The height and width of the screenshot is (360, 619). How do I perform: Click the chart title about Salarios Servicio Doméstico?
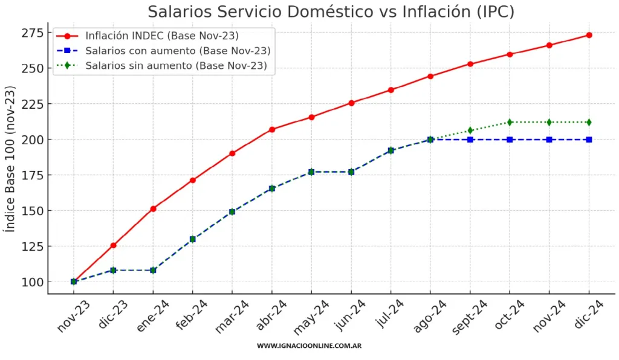tap(331, 11)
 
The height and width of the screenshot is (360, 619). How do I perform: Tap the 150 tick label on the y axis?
tap(33, 211)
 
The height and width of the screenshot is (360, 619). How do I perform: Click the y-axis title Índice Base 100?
tap(10, 159)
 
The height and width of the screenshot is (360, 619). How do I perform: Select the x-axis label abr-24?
tap(271, 315)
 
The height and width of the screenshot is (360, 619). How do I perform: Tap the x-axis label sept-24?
tap(469, 317)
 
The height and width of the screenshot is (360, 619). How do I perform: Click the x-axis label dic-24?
tap(589, 314)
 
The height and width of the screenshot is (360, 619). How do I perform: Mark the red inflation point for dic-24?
tap(589, 35)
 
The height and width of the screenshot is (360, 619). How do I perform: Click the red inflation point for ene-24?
tap(153, 209)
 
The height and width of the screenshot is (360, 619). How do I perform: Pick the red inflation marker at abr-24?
tap(272, 129)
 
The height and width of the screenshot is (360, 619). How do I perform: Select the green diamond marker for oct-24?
tap(510, 122)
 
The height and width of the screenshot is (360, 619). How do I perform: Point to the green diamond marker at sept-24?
tap(470, 130)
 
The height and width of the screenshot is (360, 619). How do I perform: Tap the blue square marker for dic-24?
tap(589, 140)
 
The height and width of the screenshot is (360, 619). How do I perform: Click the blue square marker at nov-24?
tap(549, 140)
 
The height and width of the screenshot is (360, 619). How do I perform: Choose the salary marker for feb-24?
tap(193, 239)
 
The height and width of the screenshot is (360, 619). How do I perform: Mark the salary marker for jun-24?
tap(351, 172)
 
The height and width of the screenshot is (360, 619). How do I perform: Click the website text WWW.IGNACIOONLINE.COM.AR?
tap(309, 346)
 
